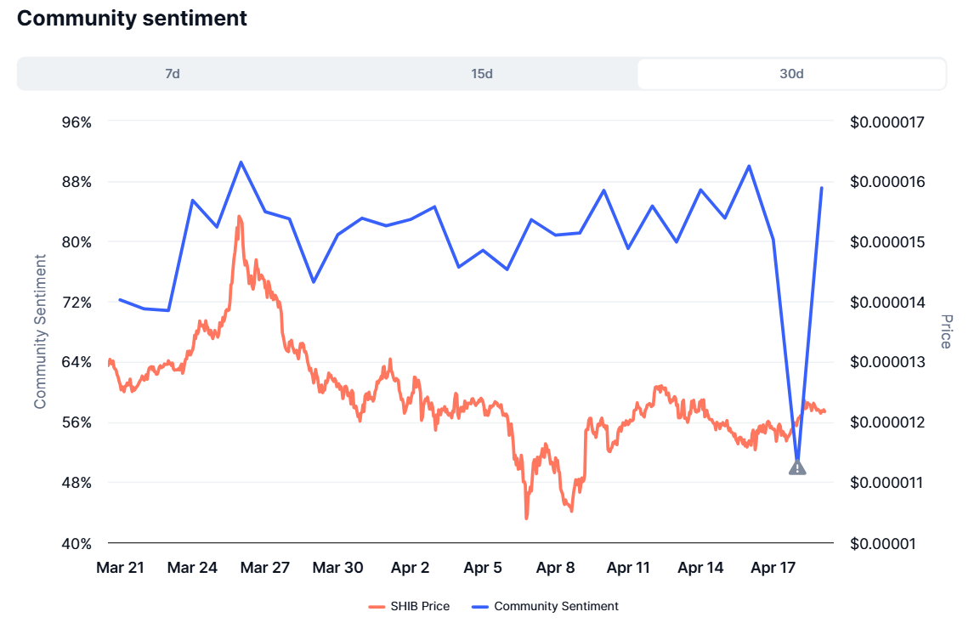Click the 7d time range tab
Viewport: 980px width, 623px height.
(x=173, y=74)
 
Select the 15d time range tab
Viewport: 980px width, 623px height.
(x=482, y=74)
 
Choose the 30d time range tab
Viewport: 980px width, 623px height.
(x=791, y=74)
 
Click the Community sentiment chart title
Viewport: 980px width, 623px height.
(x=132, y=18)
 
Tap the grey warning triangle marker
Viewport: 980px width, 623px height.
(x=797, y=467)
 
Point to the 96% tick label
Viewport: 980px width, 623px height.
(x=76, y=122)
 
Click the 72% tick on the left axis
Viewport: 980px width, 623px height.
(x=76, y=302)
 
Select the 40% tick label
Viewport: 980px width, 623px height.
(x=76, y=543)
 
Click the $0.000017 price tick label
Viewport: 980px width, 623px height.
(x=887, y=122)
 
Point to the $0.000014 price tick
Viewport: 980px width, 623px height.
(x=887, y=302)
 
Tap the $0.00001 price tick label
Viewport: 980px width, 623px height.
(x=882, y=543)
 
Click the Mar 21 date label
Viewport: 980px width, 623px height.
(x=120, y=568)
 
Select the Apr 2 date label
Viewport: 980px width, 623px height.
(x=411, y=568)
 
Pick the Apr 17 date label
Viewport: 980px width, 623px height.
(x=773, y=568)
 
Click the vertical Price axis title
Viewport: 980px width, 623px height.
(x=946, y=331)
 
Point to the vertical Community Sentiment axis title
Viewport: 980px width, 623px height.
(x=40, y=331)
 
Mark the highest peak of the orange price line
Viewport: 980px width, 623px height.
(x=239, y=217)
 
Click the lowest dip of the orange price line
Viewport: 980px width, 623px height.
(x=527, y=517)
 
